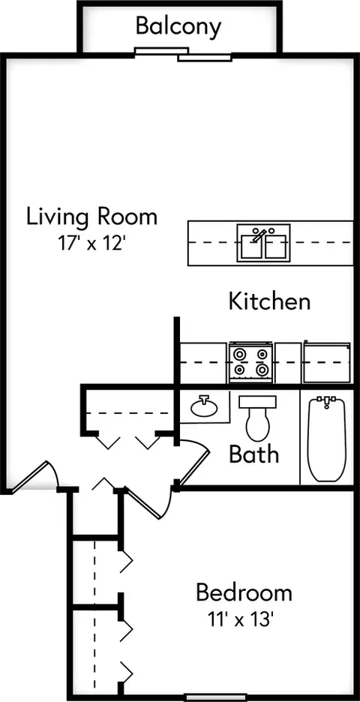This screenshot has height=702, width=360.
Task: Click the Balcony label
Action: pos(178,26)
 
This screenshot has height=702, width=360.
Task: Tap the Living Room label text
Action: pos(91,217)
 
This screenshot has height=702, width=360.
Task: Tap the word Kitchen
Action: pos(269,301)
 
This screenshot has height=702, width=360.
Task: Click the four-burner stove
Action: pos(250,363)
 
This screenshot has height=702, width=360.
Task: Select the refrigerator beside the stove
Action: pos(326,361)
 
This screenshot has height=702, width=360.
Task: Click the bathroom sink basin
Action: pos(204,406)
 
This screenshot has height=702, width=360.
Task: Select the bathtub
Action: pos(327,439)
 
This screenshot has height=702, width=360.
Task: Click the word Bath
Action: pos(254,454)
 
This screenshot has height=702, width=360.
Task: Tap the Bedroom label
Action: pos(244,592)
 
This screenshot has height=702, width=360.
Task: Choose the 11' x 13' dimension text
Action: pos(241,619)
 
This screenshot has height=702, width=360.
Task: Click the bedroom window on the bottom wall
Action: pos(217,697)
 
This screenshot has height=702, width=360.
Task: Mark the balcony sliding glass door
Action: pos(183,54)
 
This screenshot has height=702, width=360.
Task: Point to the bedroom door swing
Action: pos(148,502)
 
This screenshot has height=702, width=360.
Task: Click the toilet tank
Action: pos(257,401)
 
